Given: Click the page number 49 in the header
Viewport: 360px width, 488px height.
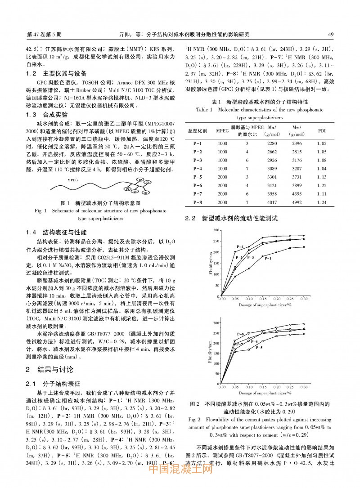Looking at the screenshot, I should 330,34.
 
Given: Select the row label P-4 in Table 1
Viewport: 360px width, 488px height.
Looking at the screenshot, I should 198,168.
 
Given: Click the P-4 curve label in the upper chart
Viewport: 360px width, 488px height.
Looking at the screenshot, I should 240,247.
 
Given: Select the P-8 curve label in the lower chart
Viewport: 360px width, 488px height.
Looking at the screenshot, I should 240,334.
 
